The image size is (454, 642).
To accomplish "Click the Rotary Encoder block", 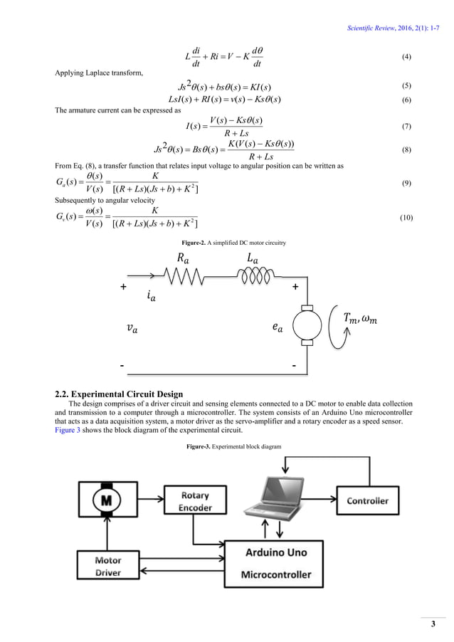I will click(194, 502).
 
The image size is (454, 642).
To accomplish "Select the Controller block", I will click(367, 500).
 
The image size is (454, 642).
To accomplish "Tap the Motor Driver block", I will click(107, 567).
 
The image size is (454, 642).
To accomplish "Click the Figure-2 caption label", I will click(226, 243).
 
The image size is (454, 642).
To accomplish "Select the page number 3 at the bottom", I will click(432, 624).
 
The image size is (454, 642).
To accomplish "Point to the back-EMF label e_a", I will click(277, 328).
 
